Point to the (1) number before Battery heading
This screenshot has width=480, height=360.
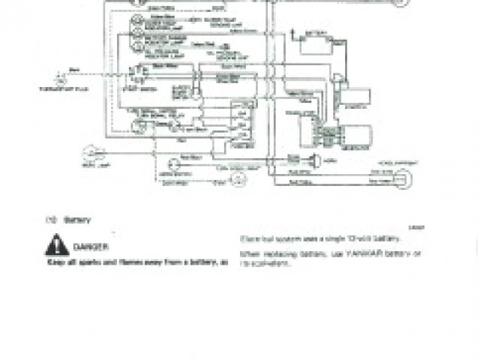click(51, 220)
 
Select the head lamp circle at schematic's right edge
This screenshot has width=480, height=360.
click(406, 178)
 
